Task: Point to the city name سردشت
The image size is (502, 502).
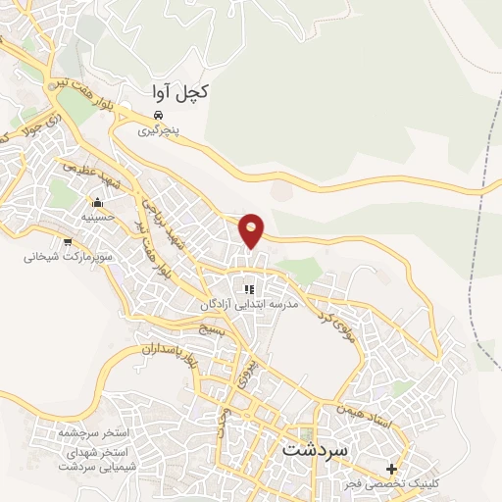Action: pos(314,449)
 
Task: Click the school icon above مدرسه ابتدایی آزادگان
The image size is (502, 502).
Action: pos(249,289)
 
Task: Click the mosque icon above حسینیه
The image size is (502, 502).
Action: pos(97,203)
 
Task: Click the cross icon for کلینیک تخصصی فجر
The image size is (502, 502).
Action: pos(392,470)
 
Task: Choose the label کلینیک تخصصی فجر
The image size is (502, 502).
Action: pos(394,484)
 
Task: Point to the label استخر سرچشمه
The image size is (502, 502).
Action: pos(84,432)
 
